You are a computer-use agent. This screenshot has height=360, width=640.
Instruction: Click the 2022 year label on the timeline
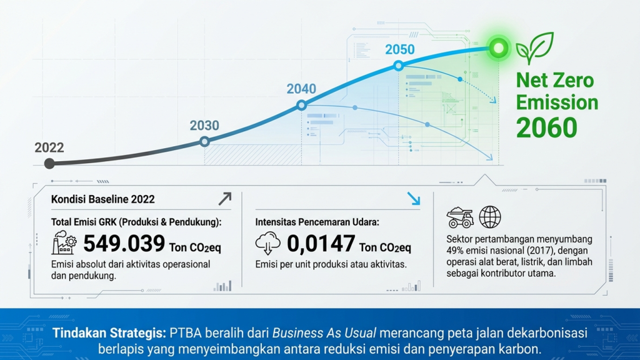pos(49,147)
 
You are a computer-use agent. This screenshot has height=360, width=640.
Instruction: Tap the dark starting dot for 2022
pos(49,164)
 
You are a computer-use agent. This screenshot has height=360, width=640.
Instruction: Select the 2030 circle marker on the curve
pos(204,142)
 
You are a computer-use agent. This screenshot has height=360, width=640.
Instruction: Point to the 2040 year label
pos(301,89)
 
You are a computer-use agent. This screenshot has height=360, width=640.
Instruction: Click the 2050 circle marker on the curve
pos(399,65)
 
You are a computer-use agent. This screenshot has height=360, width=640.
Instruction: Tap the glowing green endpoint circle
pos(498,48)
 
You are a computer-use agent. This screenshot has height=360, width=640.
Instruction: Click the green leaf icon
pos(535,48)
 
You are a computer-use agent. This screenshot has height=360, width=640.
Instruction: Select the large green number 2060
pos(546,127)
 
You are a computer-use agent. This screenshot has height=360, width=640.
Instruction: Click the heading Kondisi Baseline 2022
pos(103,199)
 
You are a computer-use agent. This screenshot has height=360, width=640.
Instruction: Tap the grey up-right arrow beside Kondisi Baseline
pos(224,199)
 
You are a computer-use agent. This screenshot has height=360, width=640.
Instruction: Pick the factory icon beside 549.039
pos(64,242)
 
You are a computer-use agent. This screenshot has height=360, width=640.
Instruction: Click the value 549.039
pos(124,243)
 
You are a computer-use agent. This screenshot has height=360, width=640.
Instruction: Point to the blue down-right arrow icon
pos(414,199)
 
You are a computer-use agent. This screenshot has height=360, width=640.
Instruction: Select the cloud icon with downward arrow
pos(267,243)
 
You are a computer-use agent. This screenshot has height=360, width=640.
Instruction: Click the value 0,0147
pos(321,244)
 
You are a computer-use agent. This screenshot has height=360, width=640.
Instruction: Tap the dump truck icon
pos(460,217)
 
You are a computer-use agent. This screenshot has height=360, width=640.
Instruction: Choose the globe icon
pos(490,217)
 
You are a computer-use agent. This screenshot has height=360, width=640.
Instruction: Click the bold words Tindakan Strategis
pos(109,333)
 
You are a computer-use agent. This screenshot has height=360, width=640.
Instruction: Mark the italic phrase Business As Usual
pos(324,333)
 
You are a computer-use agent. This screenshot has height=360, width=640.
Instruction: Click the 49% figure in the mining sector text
pos(455,251)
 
